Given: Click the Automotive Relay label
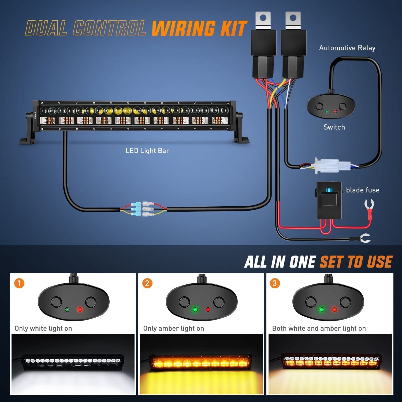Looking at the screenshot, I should tap(347, 48).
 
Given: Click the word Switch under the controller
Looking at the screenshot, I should tap(334, 127).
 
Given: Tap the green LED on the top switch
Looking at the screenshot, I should tap(326, 111).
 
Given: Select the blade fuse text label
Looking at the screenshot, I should tap(363, 190).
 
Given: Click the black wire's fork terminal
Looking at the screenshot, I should tap(365, 238).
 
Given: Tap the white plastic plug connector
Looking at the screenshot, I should tap(332, 165).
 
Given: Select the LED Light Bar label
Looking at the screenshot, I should tap(147, 151).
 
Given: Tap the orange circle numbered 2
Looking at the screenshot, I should tap(147, 283).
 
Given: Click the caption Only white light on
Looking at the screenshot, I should tap(43, 328).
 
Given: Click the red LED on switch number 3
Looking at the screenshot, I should tap(334, 310).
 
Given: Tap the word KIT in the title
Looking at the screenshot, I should tap(233, 28).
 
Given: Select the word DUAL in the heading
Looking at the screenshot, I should tap(46, 28).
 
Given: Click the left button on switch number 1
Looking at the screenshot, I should tap(56, 302).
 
